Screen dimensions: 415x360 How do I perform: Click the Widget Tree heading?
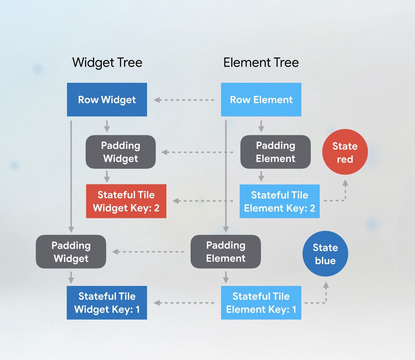(x=107, y=63)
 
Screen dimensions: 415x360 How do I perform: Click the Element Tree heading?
(x=261, y=63)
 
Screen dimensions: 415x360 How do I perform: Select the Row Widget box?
(x=107, y=100)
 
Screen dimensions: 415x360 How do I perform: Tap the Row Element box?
(x=261, y=100)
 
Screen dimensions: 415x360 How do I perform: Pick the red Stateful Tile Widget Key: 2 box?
(x=126, y=201)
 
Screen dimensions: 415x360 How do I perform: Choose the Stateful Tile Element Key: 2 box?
(x=279, y=201)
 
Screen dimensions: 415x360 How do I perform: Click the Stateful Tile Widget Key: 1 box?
(x=107, y=303)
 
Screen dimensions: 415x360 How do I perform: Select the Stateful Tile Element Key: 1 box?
(x=261, y=303)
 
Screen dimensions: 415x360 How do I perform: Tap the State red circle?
(x=345, y=152)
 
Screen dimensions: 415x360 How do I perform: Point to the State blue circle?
(x=325, y=254)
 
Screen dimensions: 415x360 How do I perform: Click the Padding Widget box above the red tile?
(x=121, y=152)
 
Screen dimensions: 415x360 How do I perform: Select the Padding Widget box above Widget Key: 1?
(x=71, y=252)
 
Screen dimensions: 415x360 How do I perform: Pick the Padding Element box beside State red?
(x=275, y=152)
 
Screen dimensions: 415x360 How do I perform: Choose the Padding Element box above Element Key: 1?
(x=225, y=252)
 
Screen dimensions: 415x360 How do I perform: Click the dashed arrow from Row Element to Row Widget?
(x=184, y=100)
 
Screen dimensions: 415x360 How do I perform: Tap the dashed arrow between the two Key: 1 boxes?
(x=184, y=303)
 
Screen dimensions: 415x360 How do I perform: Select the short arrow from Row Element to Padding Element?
(x=261, y=126)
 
